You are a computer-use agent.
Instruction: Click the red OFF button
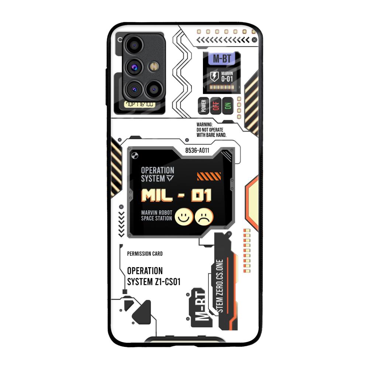coord(216,106)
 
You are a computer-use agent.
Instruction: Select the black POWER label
coord(203,106)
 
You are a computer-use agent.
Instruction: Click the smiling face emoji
coord(182,217)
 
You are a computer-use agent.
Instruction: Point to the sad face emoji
coord(204,217)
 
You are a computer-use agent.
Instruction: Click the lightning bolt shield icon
coord(214,76)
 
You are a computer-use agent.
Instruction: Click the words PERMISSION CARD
coord(145,254)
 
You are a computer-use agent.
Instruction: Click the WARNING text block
coord(211,130)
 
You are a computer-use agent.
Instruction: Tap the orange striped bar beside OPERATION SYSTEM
coord(209,176)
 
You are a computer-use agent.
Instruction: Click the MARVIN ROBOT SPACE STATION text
coord(156,215)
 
